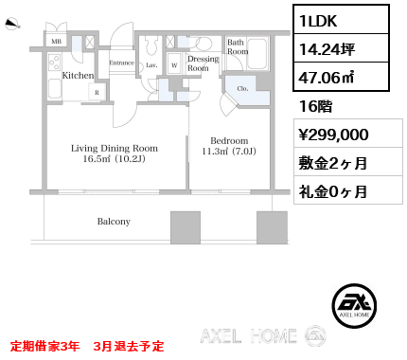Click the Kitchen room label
coord(78,76)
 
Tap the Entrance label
coord(122,63)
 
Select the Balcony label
coord(114,222)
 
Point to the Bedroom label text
coord(229,140)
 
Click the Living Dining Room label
coord(115,148)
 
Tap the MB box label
coord(57,42)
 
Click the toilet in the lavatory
coord(151,45)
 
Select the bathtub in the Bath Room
coord(257,53)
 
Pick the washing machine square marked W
coord(174,64)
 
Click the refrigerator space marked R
coord(97,92)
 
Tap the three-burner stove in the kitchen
coord(55,63)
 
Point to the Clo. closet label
coord(242,89)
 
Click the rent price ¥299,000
coord(333,135)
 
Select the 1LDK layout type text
coord(318,21)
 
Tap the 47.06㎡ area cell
coord(327,77)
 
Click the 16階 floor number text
coord(315,106)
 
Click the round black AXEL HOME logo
coord(354,305)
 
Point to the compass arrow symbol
coord(12,24)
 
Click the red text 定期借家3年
coord(44,346)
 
